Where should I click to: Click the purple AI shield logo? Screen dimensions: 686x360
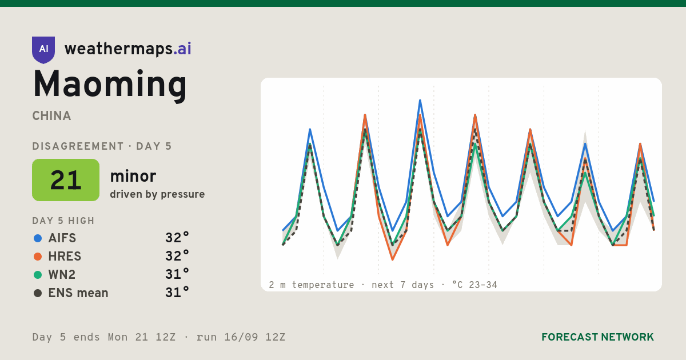43,50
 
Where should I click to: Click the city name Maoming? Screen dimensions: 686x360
110,85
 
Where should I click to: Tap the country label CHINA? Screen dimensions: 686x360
51,116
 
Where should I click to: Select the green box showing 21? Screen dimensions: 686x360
66,180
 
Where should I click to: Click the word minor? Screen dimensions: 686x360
133,176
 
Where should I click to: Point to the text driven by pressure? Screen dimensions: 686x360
157,194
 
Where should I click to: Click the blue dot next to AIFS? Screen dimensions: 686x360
38,238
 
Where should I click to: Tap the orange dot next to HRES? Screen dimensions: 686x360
38,257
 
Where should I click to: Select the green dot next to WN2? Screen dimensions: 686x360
38,275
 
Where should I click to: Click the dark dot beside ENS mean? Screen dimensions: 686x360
38,293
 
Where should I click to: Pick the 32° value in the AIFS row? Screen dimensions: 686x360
177,238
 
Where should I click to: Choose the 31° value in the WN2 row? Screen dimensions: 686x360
177,274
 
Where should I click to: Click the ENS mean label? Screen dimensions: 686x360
78,293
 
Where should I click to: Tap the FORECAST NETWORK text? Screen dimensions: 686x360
597,337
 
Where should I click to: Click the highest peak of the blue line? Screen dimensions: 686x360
420,100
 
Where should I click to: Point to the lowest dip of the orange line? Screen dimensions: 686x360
393,259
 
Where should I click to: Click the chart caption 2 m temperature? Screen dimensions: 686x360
312,285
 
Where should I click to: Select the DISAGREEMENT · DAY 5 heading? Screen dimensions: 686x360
102,146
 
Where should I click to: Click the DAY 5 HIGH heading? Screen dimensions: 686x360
63,221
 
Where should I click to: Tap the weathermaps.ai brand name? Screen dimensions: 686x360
127,49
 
